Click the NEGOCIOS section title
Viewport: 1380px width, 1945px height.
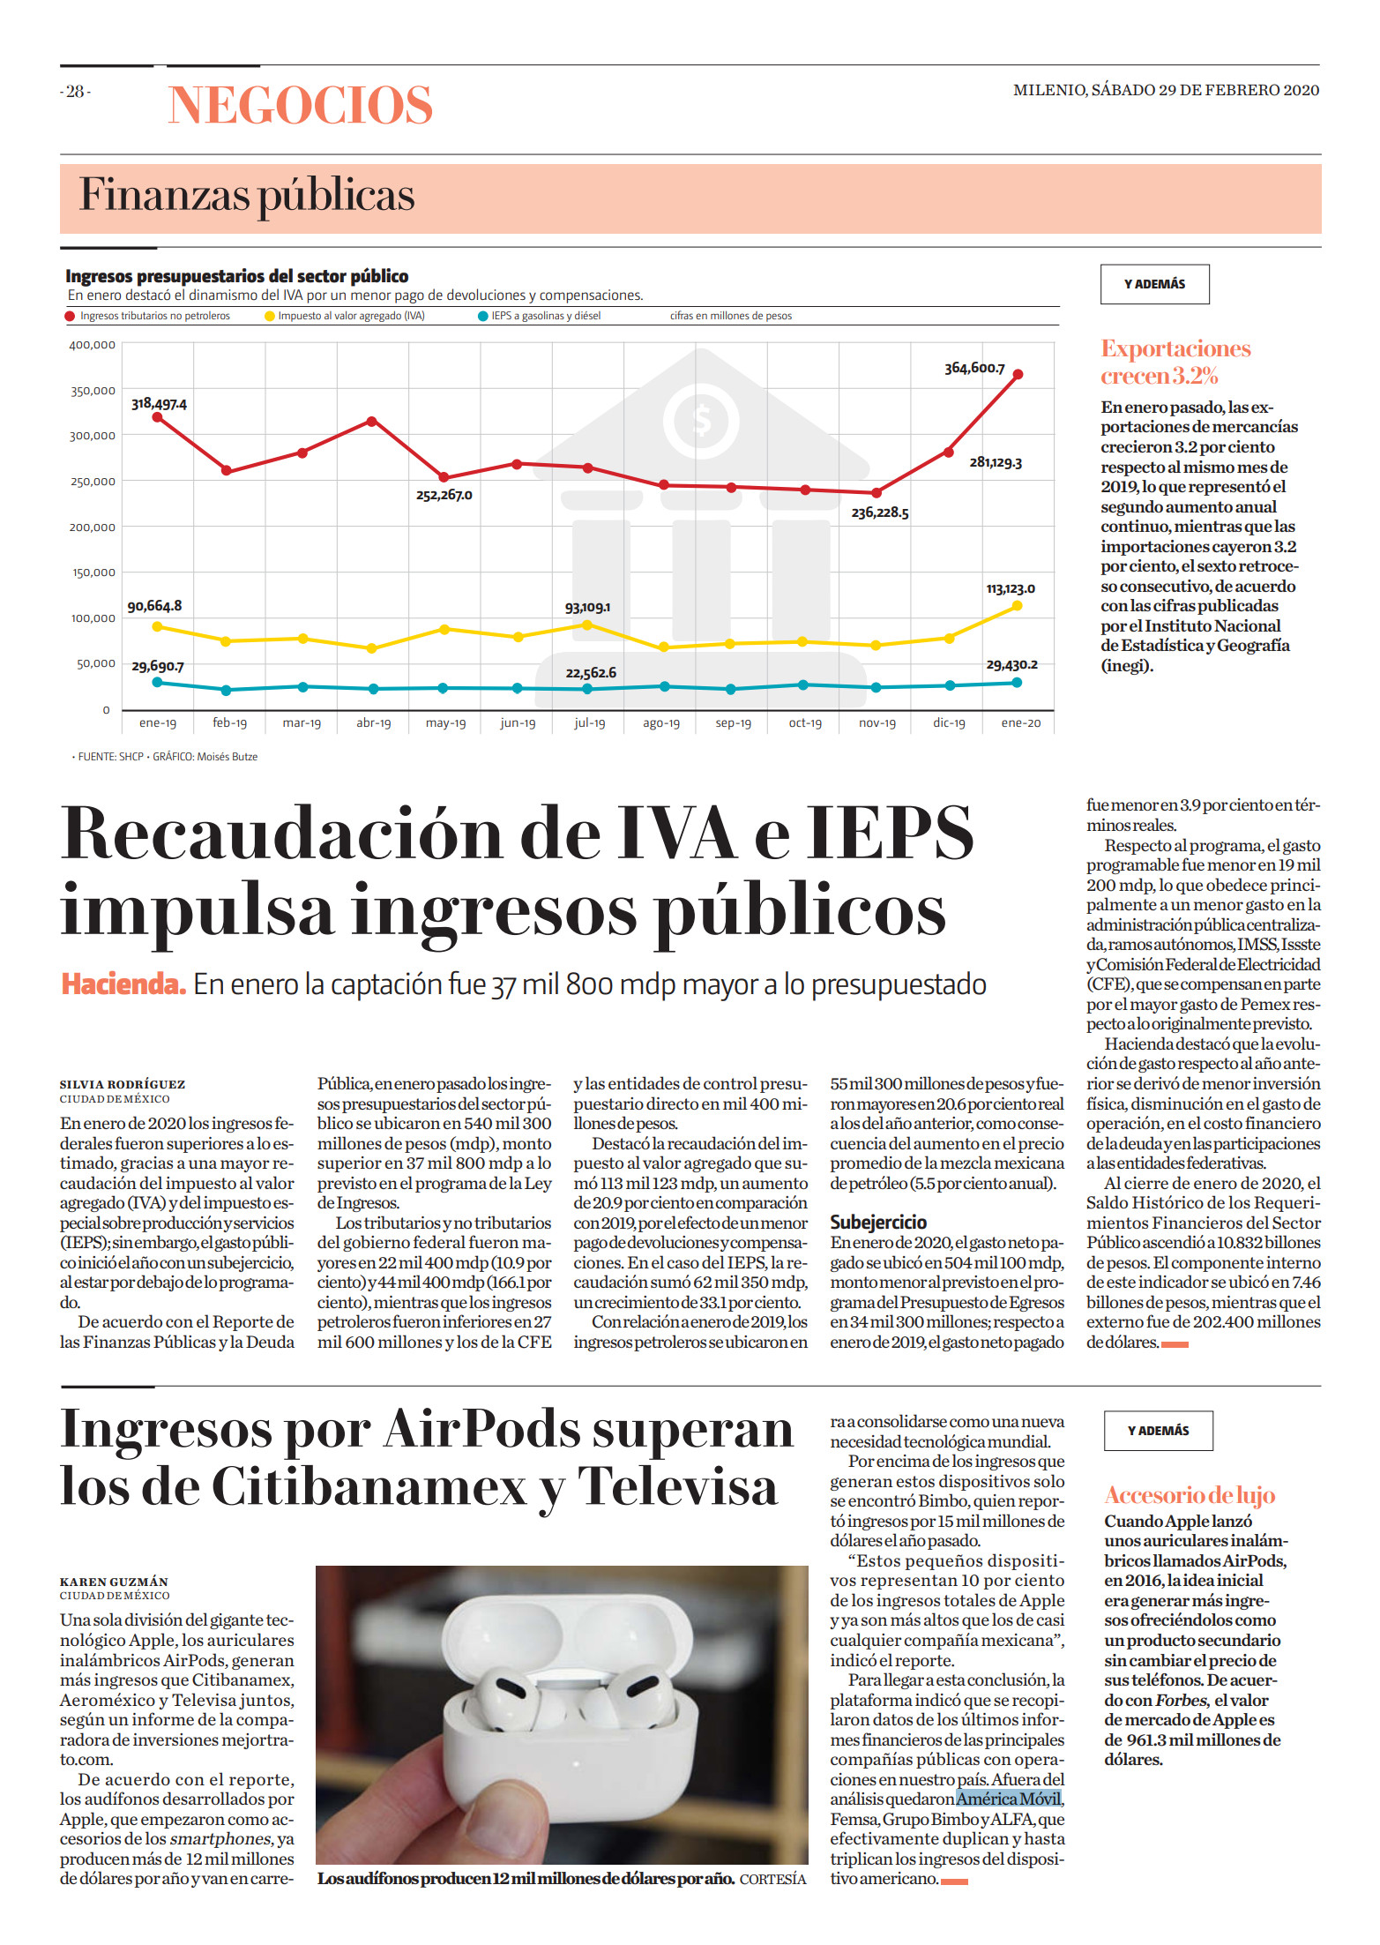point(300,105)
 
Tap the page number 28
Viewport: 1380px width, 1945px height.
point(76,91)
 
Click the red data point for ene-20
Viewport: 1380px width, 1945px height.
point(1018,375)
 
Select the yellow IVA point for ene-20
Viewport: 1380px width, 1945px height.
point(1017,606)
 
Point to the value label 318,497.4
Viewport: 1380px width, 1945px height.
point(159,404)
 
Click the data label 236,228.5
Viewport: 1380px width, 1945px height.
point(880,512)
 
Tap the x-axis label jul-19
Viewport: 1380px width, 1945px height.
point(590,723)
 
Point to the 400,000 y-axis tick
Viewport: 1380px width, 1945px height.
point(93,345)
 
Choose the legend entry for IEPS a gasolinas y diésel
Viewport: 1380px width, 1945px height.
point(540,316)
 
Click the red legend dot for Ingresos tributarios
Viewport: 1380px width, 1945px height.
point(71,316)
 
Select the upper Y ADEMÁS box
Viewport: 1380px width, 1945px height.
point(1154,284)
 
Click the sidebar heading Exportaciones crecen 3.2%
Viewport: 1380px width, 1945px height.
point(1175,363)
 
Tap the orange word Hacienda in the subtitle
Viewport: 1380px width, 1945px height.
point(123,984)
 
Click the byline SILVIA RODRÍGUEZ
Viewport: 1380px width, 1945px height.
point(123,1084)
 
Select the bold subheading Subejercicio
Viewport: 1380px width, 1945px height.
point(878,1222)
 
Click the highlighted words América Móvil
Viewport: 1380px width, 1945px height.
point(1009,1799)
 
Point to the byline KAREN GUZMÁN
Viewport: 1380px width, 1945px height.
point(114,1582)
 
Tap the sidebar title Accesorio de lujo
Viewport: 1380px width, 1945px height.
point(1190,1495)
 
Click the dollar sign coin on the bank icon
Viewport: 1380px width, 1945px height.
point(702,419)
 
